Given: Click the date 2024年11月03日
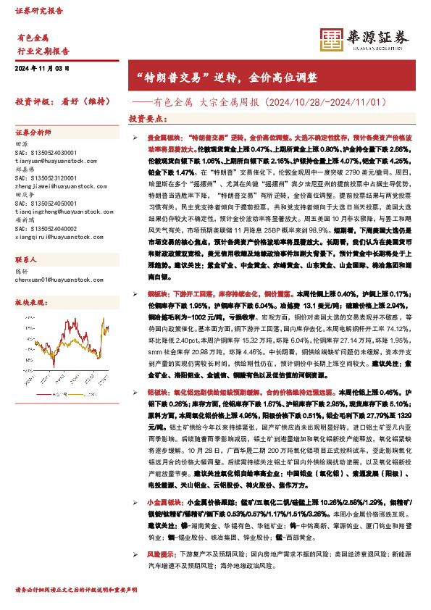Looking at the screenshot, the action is coord(41,68).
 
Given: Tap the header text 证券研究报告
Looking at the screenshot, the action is coord(39,12).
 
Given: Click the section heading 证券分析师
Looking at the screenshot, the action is coord(33,133).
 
